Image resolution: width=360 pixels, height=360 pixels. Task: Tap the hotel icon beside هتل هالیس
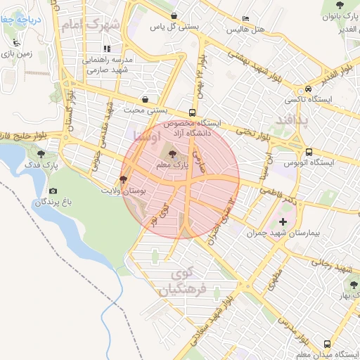click(245, 19)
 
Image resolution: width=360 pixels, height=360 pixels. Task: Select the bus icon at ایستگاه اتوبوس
click(309, 152)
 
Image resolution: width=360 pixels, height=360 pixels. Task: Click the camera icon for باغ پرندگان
click(53, 191)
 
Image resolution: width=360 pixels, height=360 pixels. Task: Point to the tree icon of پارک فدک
click(42, 153)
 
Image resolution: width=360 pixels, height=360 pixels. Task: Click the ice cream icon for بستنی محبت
click(145, 99)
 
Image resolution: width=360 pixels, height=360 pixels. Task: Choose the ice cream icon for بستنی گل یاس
click(174, 15)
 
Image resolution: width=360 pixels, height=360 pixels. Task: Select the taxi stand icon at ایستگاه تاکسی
click(308, 89)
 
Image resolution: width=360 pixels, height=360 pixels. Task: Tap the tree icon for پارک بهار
click(353, 285)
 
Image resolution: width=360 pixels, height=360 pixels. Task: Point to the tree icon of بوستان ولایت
click(124, 179)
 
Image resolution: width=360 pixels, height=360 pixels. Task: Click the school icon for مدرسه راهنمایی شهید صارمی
click(108, 49)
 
